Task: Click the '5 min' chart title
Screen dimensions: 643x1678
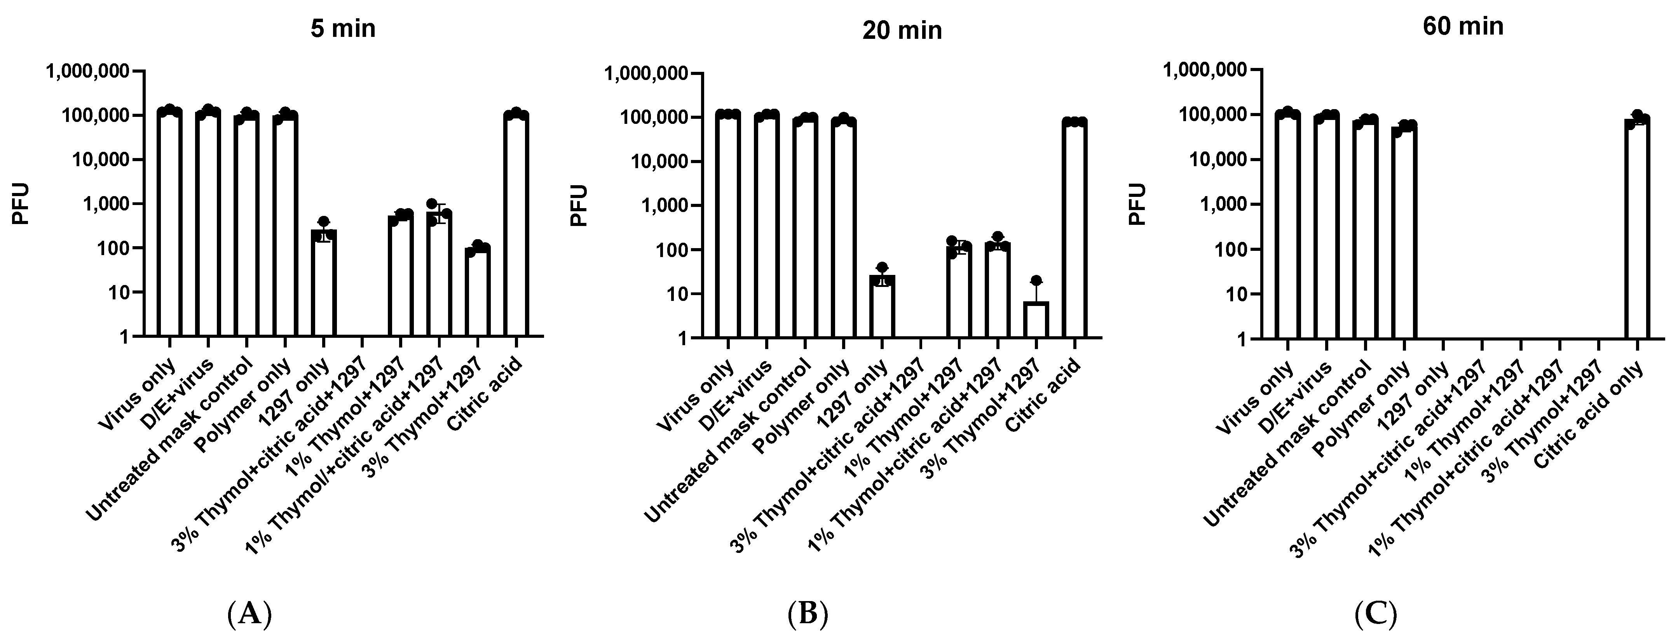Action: (343, 29)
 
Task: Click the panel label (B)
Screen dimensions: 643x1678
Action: (808, 614)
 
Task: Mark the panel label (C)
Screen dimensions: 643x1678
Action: (1375, 614)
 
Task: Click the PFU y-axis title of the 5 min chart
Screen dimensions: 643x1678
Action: (21, 204)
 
